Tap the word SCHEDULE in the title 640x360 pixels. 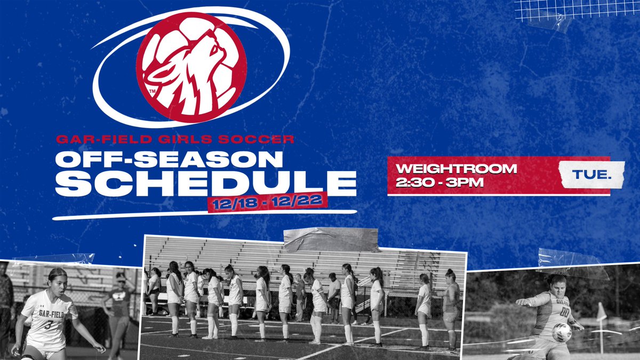tap(206, 182)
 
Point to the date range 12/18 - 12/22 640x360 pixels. tap(268, 204)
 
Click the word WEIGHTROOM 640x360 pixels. tap(456, 169)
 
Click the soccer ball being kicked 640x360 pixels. tap(561, 332)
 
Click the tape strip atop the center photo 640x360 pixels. tap(331, 239)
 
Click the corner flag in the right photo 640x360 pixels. tap(601, 313)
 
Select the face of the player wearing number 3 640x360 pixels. tap(57, 283)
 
